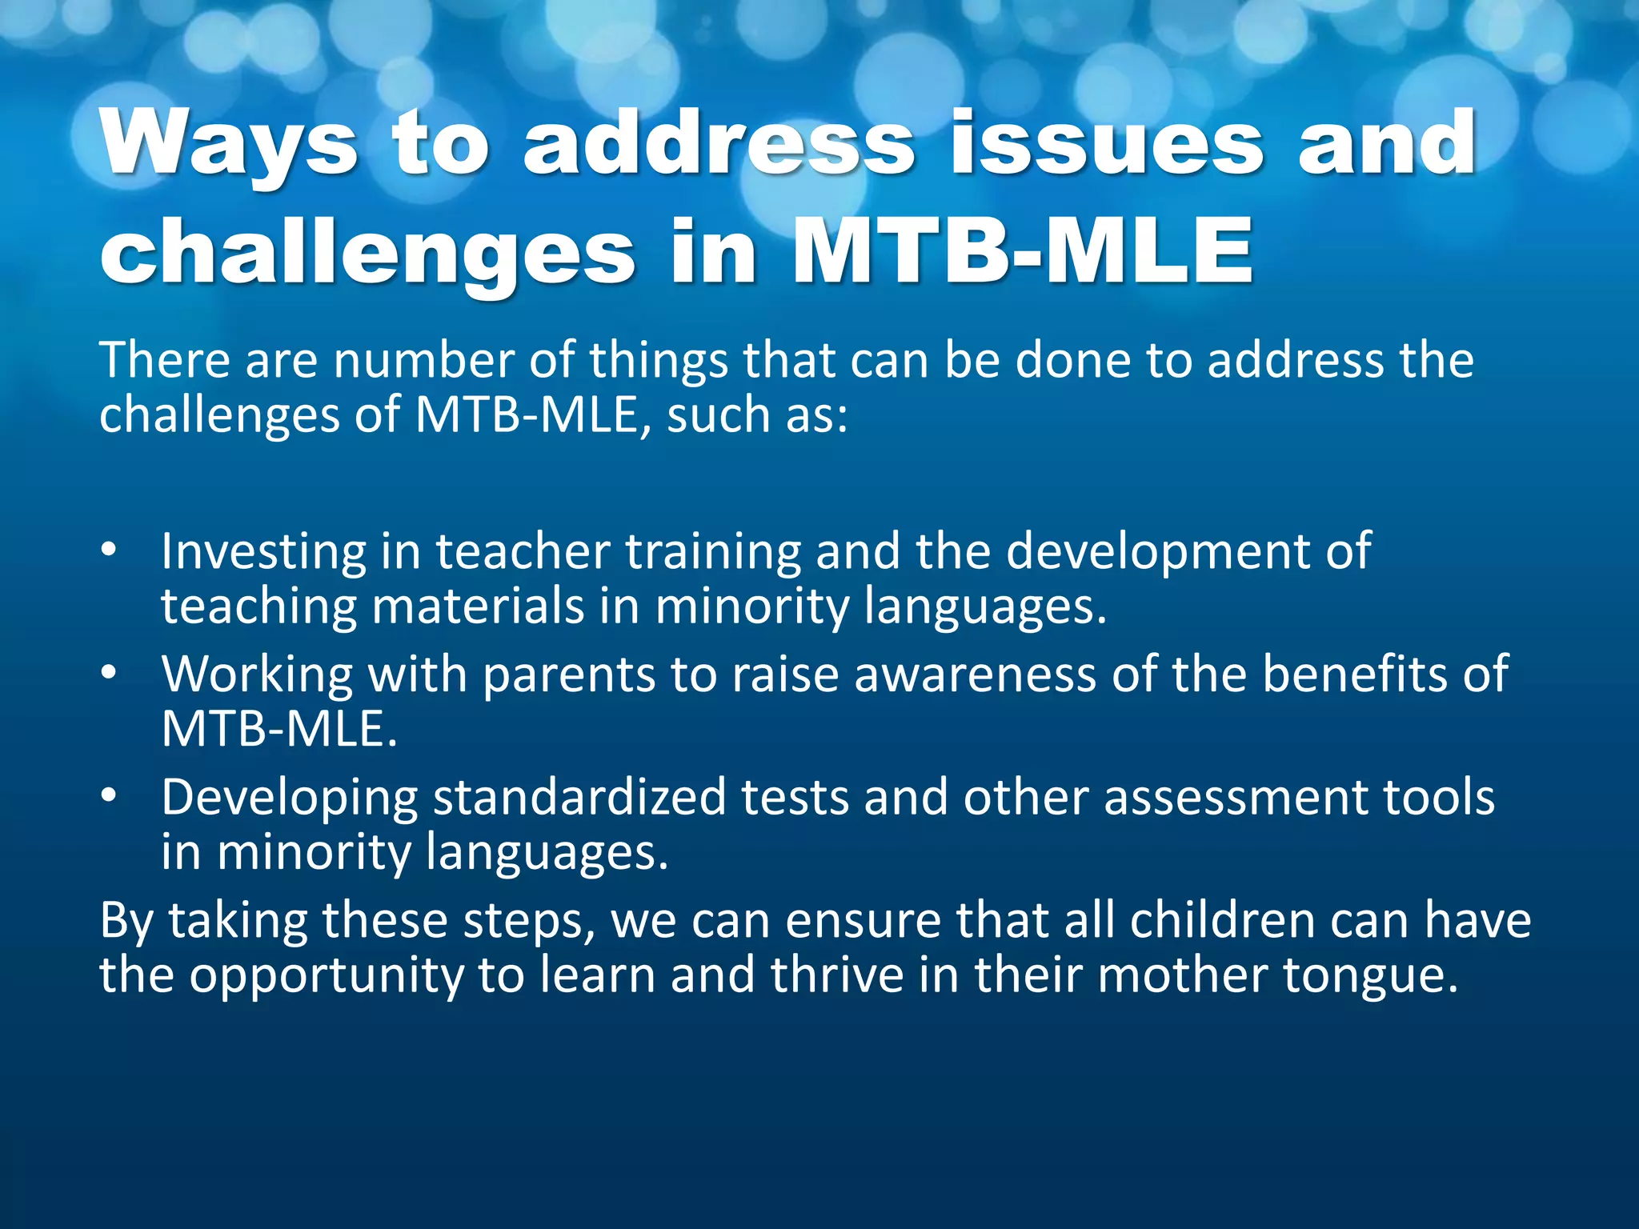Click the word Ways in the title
pos(228,144)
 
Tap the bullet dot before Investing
pos(110,550)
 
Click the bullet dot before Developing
pos(110,796)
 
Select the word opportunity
pos(327,976)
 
